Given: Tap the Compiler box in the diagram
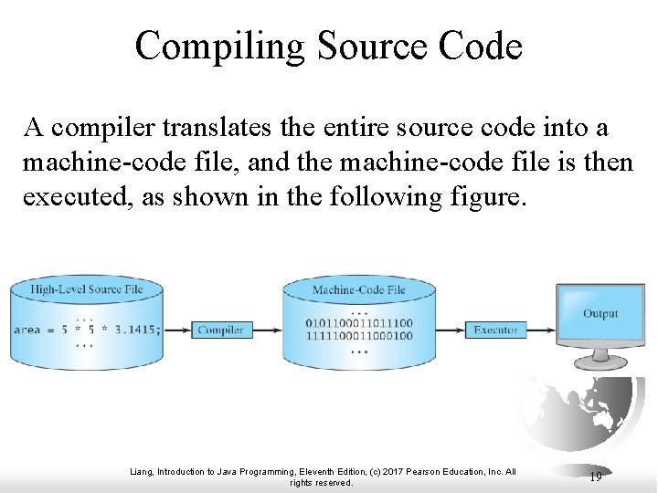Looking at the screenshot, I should click(x=220, y=330).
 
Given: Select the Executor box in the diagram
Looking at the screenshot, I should click(x=495, y=330).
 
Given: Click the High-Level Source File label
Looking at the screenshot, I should click(x=86, y=290).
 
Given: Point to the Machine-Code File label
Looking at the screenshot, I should click(x=359, y=290).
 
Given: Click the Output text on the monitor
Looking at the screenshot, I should click(x=600, y=313).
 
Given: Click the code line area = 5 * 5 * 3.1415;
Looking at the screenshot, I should click(x=86, y=330).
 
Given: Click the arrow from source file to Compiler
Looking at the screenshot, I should click(x=177, y=330).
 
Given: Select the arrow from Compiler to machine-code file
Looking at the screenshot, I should click(x=266, y=330).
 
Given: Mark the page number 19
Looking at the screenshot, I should click(x=595, y=477).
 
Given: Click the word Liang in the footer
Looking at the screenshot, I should click(x=143, y=472).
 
